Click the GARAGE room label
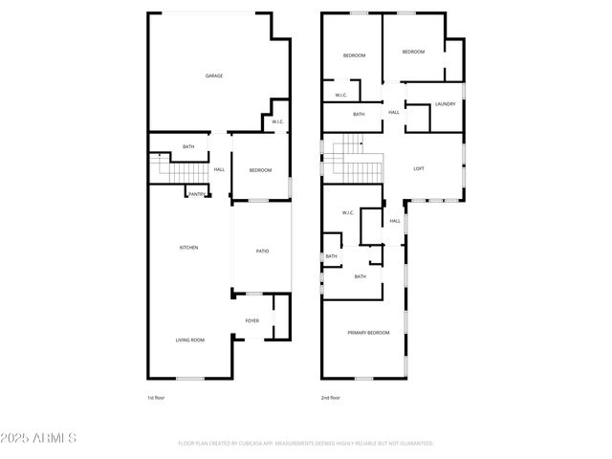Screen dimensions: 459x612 [x=214, y=76]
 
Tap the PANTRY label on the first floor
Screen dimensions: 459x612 [x=196, y=194]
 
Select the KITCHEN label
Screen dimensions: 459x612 [x=189, y=248]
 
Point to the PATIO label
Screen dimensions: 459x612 [x=262, y=251]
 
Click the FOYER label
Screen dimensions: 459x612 [x=252, y=320]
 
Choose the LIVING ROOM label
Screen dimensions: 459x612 [x=189, y=340]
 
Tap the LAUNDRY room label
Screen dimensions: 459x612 [x=445, y=103]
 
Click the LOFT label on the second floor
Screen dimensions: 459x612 [x=418, y=169]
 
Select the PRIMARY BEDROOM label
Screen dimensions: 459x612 [x=368, y=332]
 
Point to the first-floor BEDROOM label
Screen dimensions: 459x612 [x=261, y=170]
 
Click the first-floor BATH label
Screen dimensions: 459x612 [x=189, y=146]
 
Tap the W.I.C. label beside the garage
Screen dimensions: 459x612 [x=277, y=121]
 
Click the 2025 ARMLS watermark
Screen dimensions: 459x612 [x=40, y=438]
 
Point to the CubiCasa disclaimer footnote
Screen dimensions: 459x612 [x=306, y=444]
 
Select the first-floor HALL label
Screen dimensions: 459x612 [x=220, y=170]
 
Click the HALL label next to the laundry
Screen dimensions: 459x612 [x=394, y=113]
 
